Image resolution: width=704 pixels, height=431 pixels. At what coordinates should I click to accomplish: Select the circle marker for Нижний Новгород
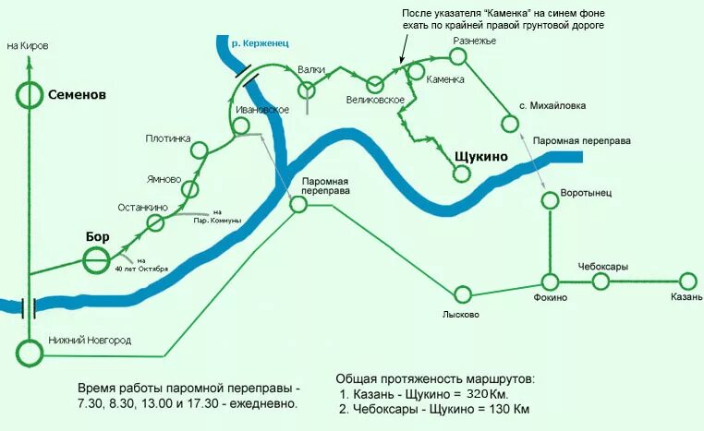pos(30,352)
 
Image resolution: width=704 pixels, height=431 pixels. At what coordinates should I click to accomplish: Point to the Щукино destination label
pos(481,156)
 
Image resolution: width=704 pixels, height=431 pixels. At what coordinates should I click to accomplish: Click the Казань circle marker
pos(686,281)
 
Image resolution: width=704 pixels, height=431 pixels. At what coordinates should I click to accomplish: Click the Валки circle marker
pos(307,89)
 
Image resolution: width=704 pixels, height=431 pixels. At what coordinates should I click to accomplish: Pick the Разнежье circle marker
pos(458,55)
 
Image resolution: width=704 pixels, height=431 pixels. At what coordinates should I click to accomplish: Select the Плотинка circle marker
pos(197,150)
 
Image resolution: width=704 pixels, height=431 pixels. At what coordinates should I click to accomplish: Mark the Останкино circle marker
pos(156,223)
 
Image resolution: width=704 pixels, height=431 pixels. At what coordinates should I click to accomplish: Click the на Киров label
pos(28,45)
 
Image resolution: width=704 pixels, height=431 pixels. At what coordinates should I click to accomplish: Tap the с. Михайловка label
pos(552,106)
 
